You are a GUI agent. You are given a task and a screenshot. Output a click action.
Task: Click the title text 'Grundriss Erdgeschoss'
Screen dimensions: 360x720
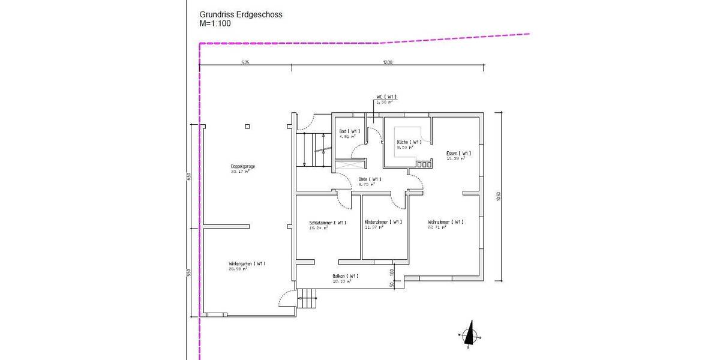(241, 15)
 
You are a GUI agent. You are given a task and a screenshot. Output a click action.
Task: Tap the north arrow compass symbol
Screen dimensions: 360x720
(469, 335)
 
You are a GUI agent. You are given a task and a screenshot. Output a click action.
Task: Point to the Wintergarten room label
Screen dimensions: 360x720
(247, 263)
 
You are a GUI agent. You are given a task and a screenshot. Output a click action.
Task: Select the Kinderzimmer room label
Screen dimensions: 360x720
(383, 223)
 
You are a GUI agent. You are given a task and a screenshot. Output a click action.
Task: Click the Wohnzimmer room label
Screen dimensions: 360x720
(445, 222)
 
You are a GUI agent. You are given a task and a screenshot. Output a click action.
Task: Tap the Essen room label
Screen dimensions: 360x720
(458, 154)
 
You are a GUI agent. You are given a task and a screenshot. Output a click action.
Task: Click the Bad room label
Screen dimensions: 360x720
(349, 131)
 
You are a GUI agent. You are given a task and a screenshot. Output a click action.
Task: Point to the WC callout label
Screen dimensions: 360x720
(386, 97)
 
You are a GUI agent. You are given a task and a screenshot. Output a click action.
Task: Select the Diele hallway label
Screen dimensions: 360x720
(369, 179)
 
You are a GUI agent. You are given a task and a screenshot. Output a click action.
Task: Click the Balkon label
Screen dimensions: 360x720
(346, 276)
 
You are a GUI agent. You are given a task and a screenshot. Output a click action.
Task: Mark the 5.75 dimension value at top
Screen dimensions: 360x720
(245, 62)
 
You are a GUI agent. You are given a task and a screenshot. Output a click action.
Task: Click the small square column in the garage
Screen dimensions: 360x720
(247, 127)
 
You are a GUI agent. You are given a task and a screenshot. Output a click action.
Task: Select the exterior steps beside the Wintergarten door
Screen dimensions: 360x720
(307, 298)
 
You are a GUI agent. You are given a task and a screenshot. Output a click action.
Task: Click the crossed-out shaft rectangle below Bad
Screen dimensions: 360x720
(349, 162)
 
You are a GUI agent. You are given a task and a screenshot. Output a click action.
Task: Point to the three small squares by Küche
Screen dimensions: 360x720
(424, 164)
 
